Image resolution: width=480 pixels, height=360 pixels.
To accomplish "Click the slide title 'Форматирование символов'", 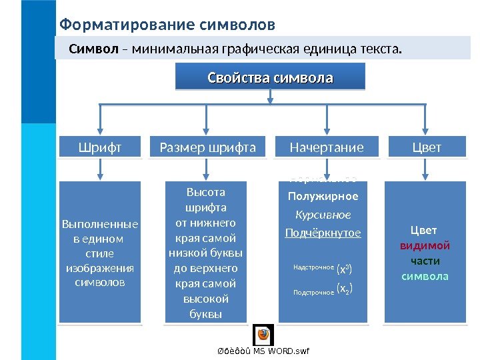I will click(x=167, y=25).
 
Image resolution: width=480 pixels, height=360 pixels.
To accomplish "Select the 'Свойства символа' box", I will click(x=270, y=77).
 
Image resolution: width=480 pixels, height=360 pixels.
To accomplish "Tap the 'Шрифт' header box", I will click(x=100, y=147).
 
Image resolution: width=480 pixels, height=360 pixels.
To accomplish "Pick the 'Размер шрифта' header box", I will click(x=208, y=147).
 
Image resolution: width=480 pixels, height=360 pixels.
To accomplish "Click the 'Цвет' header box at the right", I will click(x=427, y=147).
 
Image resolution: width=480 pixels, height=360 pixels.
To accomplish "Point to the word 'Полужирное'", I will click(x=323, y=196).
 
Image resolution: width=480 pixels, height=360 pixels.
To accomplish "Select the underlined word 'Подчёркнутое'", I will click(x=323, y=233).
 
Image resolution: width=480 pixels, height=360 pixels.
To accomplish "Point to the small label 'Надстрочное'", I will click(x=313, y=267).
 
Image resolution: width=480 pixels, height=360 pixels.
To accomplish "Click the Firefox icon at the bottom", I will click(x=263, y=334).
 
